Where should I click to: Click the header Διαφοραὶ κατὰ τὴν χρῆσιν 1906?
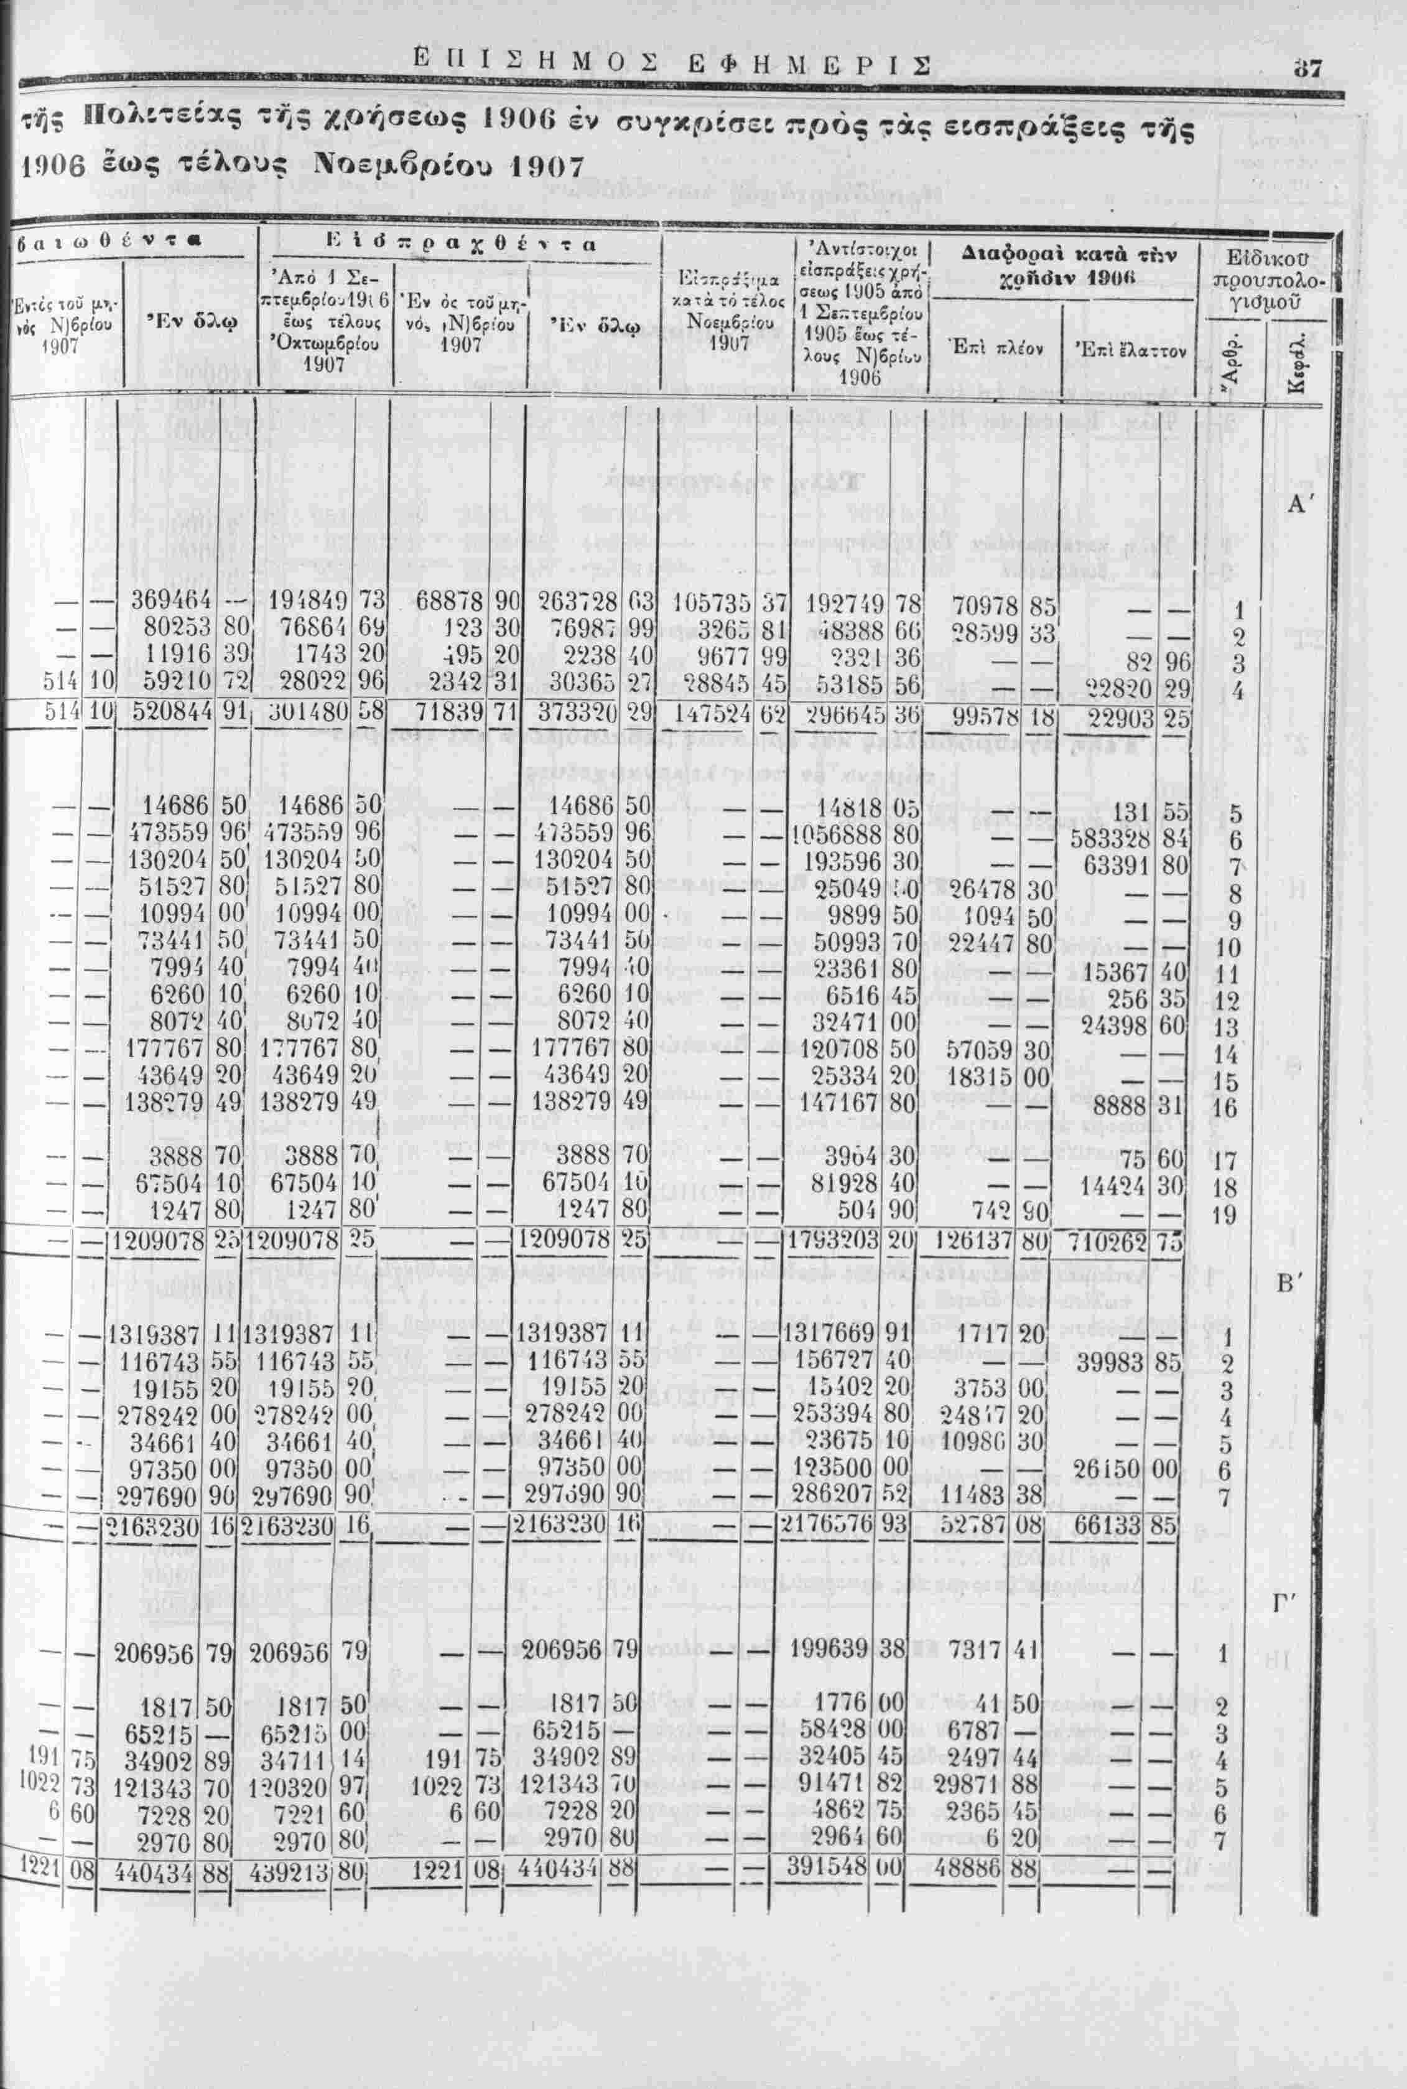click(1062, 266)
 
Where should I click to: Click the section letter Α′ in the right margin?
click(1300, 505)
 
